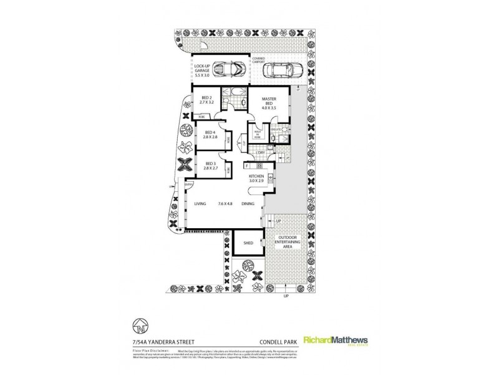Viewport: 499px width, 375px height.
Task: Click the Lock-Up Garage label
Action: (202, 69)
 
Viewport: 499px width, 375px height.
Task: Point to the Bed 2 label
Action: (208, 101)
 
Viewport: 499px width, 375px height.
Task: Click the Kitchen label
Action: (258, 180)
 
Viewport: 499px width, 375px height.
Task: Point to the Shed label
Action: (248, 242)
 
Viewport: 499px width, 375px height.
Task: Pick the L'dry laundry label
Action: (261, 152)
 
